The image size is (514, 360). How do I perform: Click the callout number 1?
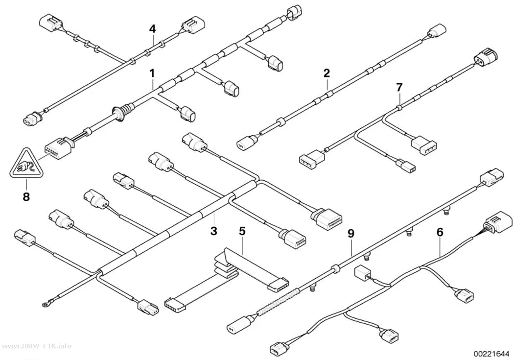coord(152,73)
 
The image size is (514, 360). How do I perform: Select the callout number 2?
coord(327,73)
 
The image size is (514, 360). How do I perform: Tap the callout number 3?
coord(214,231)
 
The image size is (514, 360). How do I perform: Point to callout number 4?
coord(152,29)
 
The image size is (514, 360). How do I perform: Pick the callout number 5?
coord(242,231)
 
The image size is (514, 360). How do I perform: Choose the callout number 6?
coord(440,232)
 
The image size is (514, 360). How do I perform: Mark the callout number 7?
coord(399,88)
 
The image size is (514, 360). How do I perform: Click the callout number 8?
coord(26,197)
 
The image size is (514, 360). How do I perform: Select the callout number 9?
coord(351,234)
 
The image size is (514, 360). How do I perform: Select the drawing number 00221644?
coord(491,354)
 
